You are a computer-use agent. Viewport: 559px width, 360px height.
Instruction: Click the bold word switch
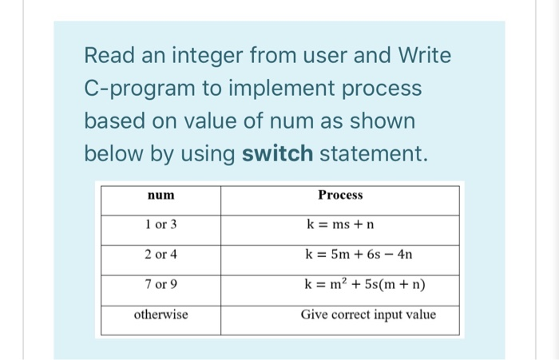pyautogui.click(x=277, y=153)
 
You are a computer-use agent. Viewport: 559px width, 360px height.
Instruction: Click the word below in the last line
pyautogui.click(x=112, y=153)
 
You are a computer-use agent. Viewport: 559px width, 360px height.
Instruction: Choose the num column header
pyautogui.click(x=161, y=196)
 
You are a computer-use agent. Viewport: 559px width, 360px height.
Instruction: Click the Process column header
pyautogui.click(x=339, y=196)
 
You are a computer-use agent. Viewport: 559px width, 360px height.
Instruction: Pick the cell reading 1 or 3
pyautogui.click(x=161, y=225)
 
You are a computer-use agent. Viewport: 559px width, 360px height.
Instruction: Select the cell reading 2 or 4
pyautogui.click(x=161, y=255)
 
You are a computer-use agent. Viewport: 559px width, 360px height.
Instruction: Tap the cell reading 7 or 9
pyautogui.click(x=161, y=285)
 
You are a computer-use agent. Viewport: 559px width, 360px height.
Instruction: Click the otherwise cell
pyautogui.click(x=161, y=315)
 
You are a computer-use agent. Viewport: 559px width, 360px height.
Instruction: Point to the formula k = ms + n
pyautogui.click(x=339, y=225)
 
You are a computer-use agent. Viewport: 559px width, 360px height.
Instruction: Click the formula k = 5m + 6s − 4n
pyautogui.click(x=359, y=255)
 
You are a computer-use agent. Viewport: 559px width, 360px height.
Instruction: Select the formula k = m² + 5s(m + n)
pyautogui.click(x=365, y=285)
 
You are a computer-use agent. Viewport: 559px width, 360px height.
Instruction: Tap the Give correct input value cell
pyautogui.click(x=368, y=315)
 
